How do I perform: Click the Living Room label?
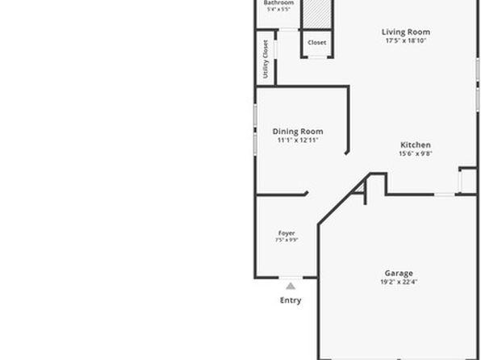click(x=405, y=32)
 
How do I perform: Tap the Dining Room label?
click(x=298, y=132)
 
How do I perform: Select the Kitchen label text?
click(x=416, y=144)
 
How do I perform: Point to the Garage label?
click(x=399, y=273)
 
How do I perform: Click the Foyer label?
click(x=287, y=233)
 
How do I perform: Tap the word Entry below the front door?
click(x=291, y=300)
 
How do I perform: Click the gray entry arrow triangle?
click(x=291, y=287)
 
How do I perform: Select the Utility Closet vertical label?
click(x=266, y=59)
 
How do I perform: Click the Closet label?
click(x=316, y=42)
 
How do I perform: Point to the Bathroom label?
click(x=278, y=2)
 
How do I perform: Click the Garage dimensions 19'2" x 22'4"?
click(x=399, y=282)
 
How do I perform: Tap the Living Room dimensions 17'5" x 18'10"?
click(x=405, y=40)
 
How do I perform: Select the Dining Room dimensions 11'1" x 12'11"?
click(x=298, y=140)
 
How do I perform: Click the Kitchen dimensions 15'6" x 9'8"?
click(x=416, y=153)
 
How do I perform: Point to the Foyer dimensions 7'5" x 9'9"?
click(x=287, y=240)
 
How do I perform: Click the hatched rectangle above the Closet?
click(x=317, y=14)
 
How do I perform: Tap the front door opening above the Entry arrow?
click(x=291, y=278)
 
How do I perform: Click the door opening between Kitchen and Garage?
click(x=445, y=195)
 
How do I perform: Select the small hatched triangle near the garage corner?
click(x=360, y=188)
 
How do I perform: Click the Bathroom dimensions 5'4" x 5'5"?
click(x=278, y=9)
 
